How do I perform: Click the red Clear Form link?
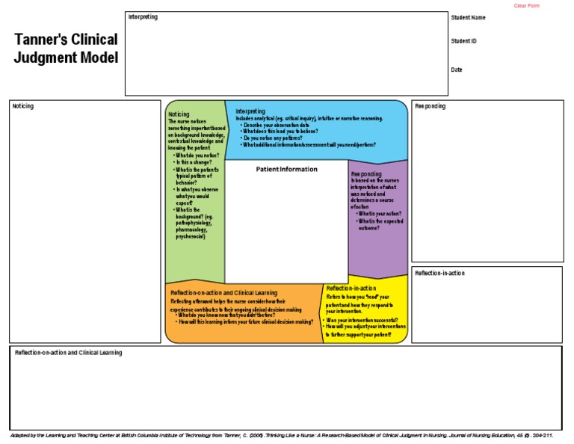(526, 6)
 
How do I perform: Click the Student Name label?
(468, 17)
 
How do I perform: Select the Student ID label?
(463, 41)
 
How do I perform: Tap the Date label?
(456, 70)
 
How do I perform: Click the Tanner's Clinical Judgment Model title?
(66, 49)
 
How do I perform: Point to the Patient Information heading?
(286, 169)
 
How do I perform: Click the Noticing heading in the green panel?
(179, 114)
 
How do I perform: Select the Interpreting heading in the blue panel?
(250, 111)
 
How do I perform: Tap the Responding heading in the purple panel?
(366, 173)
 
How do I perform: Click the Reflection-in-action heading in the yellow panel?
(351, 288)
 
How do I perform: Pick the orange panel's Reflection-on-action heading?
(223, 292)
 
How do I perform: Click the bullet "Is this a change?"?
(194, 162)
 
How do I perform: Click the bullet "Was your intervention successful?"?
(362, 320)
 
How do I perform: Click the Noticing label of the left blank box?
(22, 106)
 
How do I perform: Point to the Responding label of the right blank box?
(430, 106)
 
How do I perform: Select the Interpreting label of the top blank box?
(143, 16)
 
